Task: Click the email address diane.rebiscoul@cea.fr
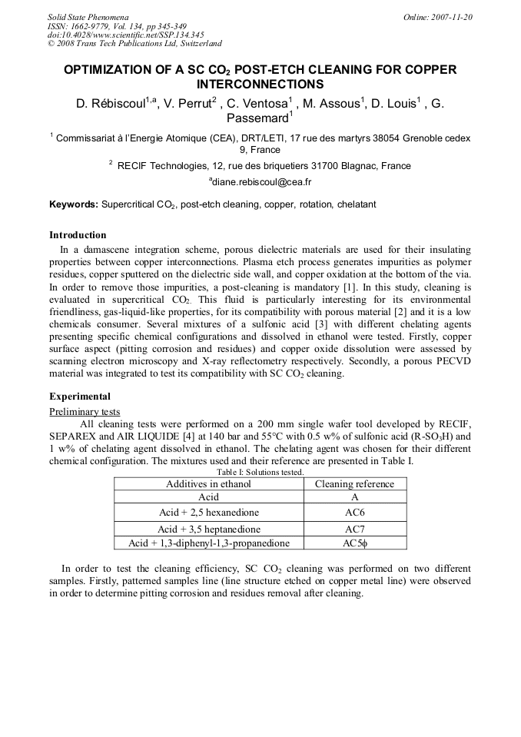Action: (260, 182)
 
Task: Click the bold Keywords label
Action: (74, 205)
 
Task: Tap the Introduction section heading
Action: (78, 235)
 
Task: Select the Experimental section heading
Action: (80, 397)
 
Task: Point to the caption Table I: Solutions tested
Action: (260, 472)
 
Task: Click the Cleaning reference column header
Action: (354, 484)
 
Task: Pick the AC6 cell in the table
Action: (354, 513)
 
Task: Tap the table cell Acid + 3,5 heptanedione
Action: (209, 529)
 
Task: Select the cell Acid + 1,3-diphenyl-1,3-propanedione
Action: (209, 543)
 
